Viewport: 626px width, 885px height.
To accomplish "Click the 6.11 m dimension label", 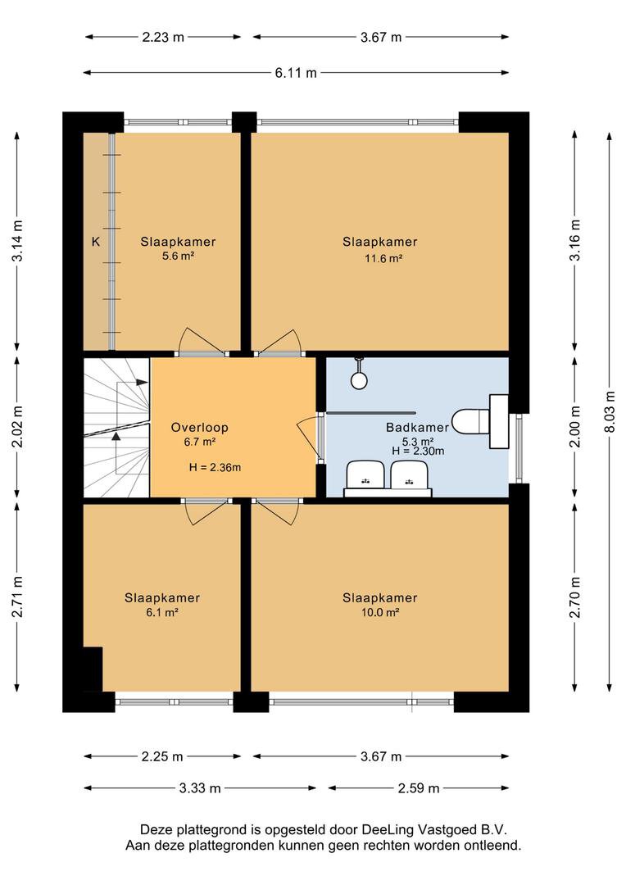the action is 296,73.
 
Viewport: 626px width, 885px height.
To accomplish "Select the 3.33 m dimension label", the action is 200,788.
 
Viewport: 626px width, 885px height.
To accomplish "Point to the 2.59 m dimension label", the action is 418,788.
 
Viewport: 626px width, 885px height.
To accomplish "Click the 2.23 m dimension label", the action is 163,37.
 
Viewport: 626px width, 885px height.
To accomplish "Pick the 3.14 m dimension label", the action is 17,240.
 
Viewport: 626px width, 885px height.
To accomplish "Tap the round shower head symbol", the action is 359,380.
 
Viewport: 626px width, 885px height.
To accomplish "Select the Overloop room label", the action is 199,427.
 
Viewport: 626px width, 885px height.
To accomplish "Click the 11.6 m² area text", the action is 383,258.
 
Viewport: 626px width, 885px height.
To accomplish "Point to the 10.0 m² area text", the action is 380,612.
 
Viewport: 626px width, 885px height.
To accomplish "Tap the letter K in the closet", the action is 96,242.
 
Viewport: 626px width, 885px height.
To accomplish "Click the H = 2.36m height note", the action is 215,467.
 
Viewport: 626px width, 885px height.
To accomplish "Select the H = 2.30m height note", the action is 418,451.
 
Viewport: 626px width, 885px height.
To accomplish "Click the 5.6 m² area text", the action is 179,256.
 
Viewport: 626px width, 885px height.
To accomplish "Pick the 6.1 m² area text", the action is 162,612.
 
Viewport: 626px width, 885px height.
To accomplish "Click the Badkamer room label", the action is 417,427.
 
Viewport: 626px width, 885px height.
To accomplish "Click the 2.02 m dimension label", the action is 17,427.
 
